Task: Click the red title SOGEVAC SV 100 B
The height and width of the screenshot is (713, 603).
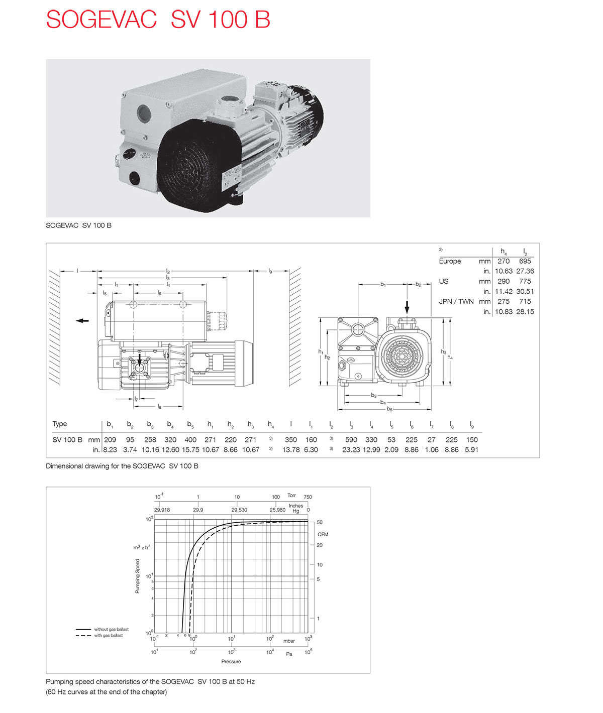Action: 158,20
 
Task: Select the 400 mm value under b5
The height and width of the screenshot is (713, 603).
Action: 190,440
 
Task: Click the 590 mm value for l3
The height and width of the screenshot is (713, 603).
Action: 351,440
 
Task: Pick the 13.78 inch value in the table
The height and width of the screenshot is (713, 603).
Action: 290,450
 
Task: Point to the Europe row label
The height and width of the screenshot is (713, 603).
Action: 450,261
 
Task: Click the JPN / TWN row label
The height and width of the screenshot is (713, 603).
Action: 456,301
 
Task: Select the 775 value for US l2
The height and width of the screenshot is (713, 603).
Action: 525,281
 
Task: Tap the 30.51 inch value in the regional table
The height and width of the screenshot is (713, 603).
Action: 525,291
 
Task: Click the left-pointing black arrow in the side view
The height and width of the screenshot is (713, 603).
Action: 82,321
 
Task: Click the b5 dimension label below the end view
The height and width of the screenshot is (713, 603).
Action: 389,409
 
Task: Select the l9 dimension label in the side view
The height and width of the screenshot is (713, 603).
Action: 270,271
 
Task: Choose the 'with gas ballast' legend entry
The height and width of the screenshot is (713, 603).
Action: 108,636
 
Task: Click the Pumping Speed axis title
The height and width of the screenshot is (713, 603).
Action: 138,576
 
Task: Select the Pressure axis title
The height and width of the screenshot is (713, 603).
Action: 231,662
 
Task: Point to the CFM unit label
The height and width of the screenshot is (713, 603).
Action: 323,534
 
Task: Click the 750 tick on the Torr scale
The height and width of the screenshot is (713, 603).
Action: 308,497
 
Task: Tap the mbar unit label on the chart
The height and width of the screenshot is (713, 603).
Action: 289,641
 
